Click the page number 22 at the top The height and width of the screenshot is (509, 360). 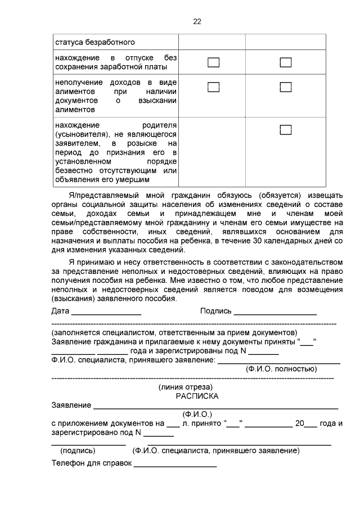[197, 21]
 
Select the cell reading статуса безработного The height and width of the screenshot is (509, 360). [94, 42]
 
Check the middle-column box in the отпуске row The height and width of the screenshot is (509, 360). [213, 62]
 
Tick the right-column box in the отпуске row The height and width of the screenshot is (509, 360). [286, 62]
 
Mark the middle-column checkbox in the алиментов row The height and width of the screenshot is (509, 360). [213, 87]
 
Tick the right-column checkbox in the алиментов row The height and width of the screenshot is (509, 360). [286, 87]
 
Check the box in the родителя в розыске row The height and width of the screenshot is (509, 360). [286, 130]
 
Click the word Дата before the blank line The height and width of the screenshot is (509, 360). [60, 311]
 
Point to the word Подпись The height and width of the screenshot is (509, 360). [215, 311]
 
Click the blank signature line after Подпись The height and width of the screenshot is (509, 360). [275, 313]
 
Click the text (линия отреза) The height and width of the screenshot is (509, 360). [186, 387]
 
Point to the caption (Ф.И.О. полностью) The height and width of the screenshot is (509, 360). [281, 369]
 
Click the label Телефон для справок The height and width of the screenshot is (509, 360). [91, 463]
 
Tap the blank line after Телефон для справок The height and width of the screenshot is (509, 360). [175, 465]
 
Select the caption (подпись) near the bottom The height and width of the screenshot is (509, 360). [78, 451]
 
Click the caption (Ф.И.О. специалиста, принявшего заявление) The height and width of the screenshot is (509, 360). [215, 451]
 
